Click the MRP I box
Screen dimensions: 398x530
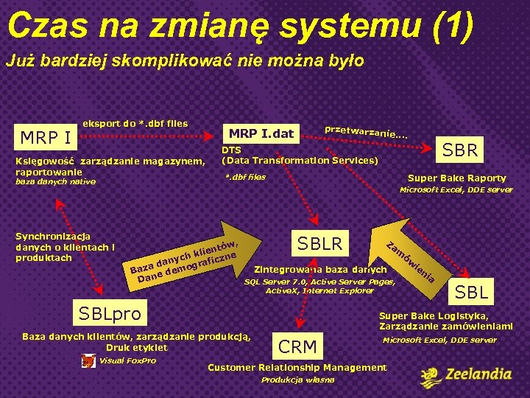[45, 138]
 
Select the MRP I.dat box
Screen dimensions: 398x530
[261, 133]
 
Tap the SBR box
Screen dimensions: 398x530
[460, 150]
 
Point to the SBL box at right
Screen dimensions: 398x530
[471, 292]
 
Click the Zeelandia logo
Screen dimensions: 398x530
[465, 376]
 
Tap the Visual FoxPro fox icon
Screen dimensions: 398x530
[88, 361]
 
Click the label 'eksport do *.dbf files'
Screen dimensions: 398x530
[135, 123]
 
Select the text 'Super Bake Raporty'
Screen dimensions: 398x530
[456, 178]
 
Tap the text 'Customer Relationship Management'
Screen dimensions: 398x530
[297, 367]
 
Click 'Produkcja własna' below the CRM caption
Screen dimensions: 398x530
[298, 380]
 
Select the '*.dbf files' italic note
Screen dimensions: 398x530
[245, 177]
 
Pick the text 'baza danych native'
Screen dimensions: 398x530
[56, 181]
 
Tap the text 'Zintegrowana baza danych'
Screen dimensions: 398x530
[320, 269]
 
